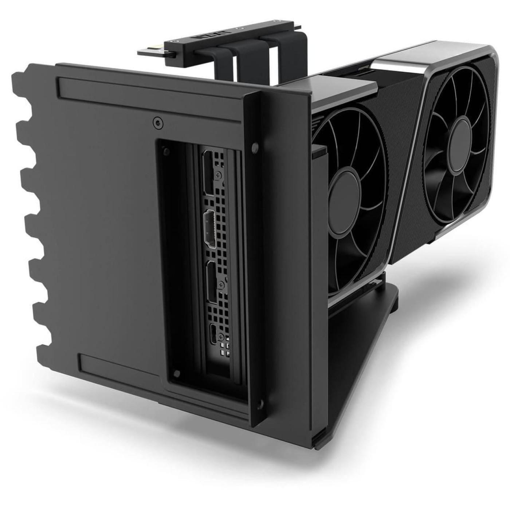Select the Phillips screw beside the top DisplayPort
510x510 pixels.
219,176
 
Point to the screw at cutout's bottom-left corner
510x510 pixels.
177,373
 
